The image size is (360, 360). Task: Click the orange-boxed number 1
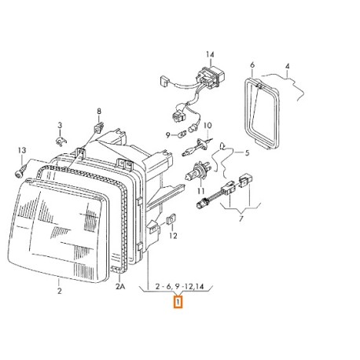point(178,302)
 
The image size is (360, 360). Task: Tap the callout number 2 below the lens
point(60,291)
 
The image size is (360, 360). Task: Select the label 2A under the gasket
point(120,286)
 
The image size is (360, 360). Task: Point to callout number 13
point(22,150)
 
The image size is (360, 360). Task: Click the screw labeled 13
point(20,171)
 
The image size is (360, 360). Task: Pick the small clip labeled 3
point(61,141)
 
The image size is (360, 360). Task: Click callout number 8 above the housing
point(99,112)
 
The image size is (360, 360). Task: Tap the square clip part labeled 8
point(99,128)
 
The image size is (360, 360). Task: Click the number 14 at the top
point(210,54)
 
